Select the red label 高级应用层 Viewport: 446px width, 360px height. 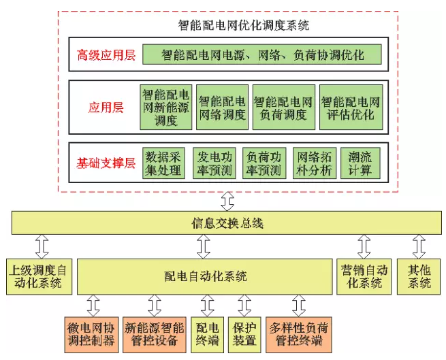[106, 54]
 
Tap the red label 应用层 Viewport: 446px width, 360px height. [106, 108]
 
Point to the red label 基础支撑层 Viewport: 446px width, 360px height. [106, 163]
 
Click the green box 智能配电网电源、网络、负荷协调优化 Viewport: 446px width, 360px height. [261, 54]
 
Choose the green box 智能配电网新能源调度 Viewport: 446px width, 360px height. [165, 107]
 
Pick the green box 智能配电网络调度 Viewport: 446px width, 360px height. [222, 107]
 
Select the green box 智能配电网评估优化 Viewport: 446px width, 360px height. [351, 107]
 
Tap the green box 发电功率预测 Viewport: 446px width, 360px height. [213, 163]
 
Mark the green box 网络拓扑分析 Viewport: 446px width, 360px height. [314, 163]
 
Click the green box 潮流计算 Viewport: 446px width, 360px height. [360, 163]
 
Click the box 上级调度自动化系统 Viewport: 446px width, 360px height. [38, 276]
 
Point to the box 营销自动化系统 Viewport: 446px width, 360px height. [364, 276]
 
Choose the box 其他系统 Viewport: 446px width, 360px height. [416, 276]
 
